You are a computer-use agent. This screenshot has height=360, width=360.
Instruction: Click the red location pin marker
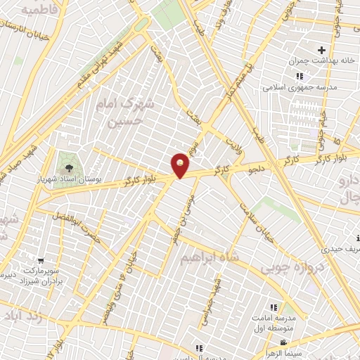click(181, 165)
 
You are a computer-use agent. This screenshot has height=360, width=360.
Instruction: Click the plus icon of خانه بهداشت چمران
click(322, 51)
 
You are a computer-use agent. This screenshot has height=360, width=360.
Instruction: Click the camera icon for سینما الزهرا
click(282, 342)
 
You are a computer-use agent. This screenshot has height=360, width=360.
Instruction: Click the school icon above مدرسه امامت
click(274, 307)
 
